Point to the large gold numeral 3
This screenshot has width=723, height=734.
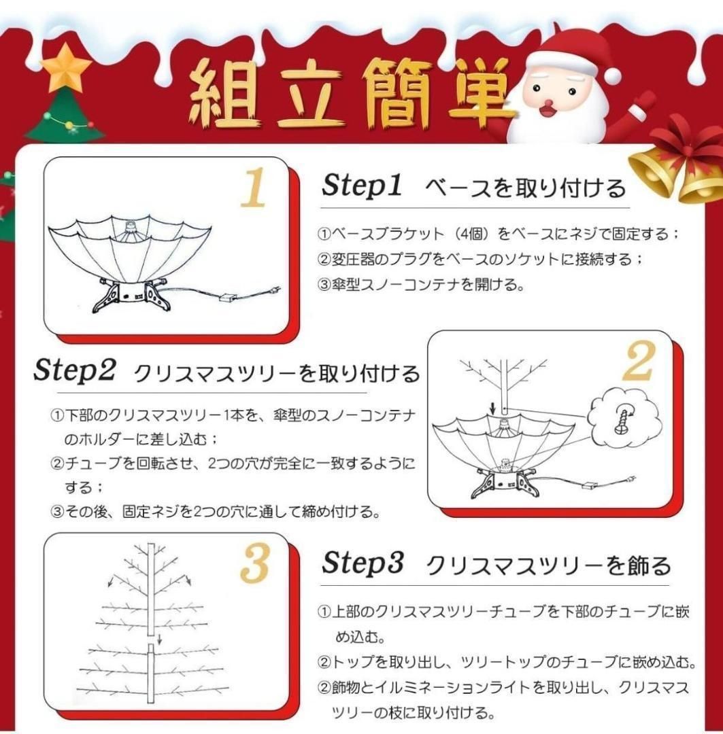point(254,563)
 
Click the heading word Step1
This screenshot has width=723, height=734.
point(363,186)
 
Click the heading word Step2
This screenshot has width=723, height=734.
point(75,371)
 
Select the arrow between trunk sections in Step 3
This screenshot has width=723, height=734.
point(158,638)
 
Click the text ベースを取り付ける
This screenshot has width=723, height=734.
point(525,187)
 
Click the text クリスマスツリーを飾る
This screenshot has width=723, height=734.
point(548,565)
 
